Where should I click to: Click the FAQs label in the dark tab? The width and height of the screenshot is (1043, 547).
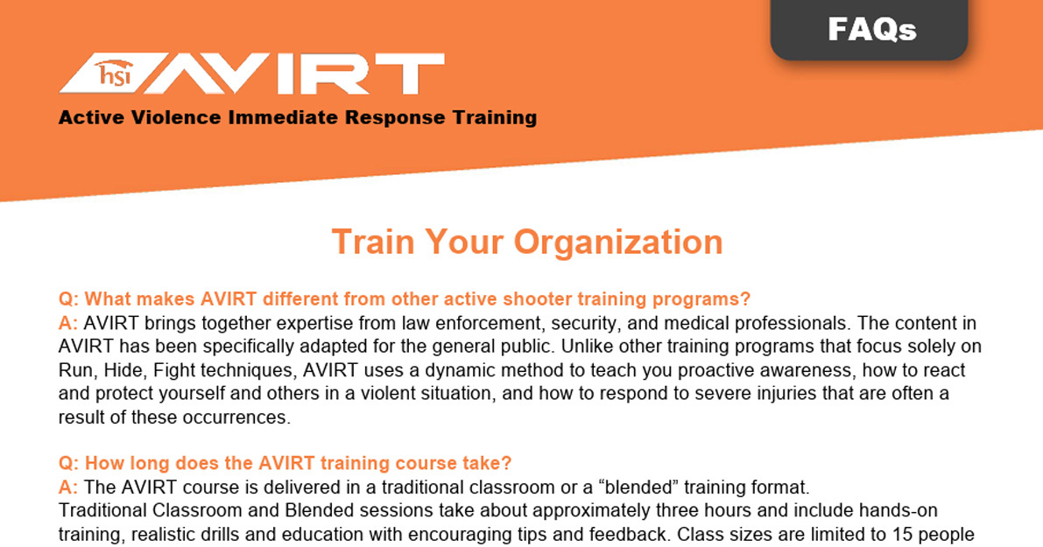[x=872, y=29]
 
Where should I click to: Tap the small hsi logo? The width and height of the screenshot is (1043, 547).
[x=114, y=74]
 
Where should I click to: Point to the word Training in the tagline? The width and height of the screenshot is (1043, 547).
[x=495, y=117]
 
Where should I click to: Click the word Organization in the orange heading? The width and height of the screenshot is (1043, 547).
[x=618, y=242]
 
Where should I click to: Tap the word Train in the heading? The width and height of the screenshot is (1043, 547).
[x=372, y=242]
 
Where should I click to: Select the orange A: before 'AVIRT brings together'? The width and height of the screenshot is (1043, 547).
[x=67, y=323]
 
